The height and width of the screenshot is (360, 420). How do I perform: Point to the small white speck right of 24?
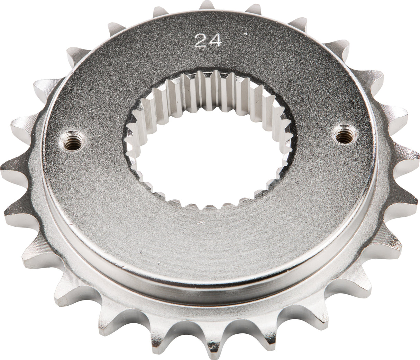click(x=246, y=34)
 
